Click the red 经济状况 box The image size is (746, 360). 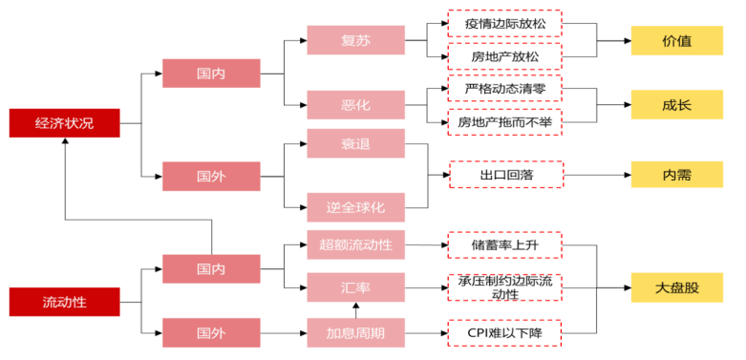point(64,123)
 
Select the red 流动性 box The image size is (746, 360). point(64,302)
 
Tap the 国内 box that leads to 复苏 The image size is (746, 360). point(211,73)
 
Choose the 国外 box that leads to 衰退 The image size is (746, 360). point(211,176)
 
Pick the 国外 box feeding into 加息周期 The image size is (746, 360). point(211,333)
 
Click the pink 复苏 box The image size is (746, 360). point(354,41)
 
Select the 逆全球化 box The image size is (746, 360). point(354,206)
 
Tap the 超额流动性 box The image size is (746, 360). point(354,244)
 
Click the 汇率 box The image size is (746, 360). point(354,286)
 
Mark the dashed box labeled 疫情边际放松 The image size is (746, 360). point(505,24)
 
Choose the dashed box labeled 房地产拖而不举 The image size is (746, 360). point(505,122)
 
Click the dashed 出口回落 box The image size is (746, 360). point(505,176)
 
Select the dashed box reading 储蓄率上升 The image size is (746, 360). point(505,244)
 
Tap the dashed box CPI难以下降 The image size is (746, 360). point(505,333)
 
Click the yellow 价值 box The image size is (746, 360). point(676,41)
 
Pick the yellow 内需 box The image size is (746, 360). point(676,176)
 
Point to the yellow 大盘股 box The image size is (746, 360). point(676,286)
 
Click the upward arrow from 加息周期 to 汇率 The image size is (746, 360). point(355,310)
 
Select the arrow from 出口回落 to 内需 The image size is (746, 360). point(597,176)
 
